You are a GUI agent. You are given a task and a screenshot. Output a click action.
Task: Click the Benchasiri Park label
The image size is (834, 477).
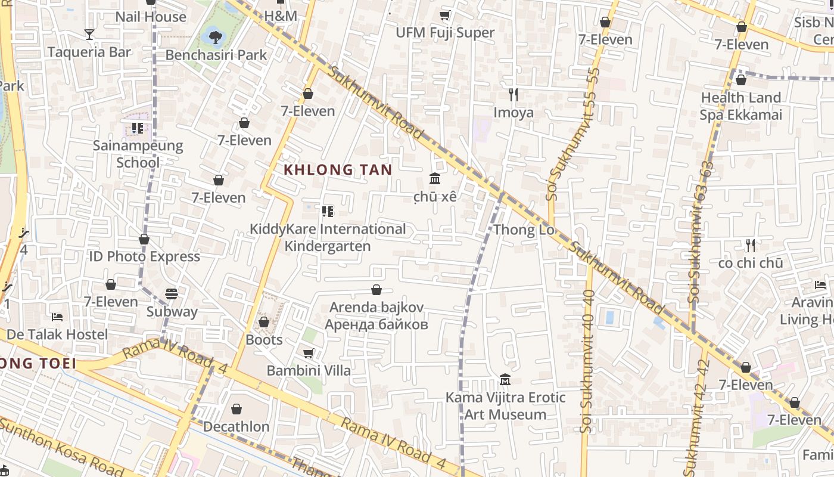pos(216,55)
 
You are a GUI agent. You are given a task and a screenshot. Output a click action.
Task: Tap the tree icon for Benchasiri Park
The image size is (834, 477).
pos(215,38)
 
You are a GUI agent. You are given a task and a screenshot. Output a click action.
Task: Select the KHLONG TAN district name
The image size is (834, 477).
pos(338,170)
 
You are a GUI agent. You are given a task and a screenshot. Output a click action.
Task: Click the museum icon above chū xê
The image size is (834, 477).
pos(435,179)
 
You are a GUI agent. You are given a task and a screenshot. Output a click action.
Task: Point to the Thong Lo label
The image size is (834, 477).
pos(524,230)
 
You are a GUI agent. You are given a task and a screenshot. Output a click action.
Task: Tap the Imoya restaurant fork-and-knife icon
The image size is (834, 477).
pos(514,94)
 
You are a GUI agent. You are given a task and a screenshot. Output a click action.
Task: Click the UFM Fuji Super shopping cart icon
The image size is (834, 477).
pos(445,15)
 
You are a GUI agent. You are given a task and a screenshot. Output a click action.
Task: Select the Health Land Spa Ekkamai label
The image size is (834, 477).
pos(740,106)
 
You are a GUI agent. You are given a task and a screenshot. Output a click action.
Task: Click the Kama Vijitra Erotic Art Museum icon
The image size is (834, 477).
pos(505,380)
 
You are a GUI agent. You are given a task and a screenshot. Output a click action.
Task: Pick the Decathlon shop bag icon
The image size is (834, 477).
pos(236,409)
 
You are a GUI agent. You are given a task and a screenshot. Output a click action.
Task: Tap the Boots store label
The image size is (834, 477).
pos(264,340)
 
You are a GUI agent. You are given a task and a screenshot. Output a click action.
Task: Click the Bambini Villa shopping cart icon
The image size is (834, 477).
pos(309,354)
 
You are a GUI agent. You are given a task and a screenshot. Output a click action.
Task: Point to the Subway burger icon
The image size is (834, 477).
pos(172,294)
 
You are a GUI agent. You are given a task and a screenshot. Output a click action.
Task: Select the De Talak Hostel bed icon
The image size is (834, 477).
pos(57,317)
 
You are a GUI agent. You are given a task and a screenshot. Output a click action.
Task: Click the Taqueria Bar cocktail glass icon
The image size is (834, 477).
pos(89,35)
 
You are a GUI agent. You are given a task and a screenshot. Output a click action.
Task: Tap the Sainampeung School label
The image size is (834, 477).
pos(138,154)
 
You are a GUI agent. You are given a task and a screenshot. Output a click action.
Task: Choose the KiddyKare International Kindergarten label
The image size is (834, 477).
pos(328,237)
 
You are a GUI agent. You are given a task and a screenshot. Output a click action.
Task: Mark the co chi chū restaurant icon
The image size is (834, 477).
pos(751,245)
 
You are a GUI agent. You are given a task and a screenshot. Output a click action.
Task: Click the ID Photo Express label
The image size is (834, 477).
pos(144,256)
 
